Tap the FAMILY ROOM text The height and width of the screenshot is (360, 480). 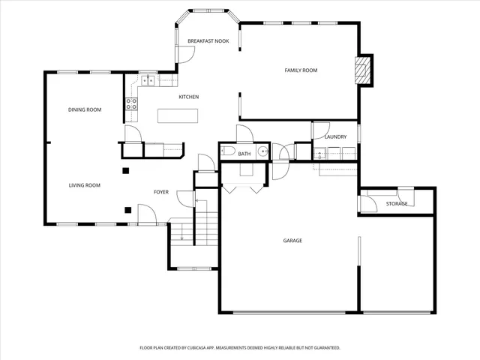tap(301, 70)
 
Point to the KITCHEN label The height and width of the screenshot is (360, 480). tap(188, 97)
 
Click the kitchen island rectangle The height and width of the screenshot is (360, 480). tap(178, 115)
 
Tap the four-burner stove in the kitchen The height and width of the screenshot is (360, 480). tap(131, 103)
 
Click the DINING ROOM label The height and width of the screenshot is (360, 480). tap(85, 109)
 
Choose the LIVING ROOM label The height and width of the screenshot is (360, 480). tap(85, 185)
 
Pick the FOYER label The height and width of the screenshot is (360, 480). tap(161, 192)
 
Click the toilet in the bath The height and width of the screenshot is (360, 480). tap(228, 152)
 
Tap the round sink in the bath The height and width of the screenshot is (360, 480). tap(262, 151)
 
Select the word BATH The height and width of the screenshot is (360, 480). tap(244, 154)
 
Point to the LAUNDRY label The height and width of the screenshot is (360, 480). tap(335, 136)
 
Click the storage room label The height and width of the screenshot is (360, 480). tap(397, 203)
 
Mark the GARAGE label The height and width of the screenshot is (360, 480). tap(292, 241)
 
